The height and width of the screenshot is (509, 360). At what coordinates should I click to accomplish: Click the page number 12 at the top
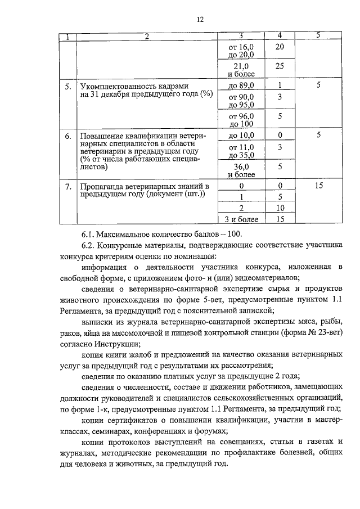199,20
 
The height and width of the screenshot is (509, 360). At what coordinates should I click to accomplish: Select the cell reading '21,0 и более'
241,70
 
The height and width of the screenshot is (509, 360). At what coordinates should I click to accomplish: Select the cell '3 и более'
241,219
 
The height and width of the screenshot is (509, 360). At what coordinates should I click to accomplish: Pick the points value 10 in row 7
279,208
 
